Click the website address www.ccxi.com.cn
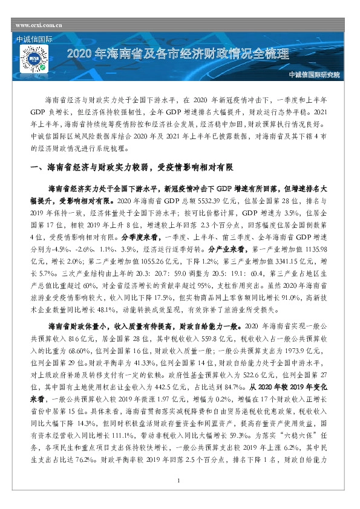(x=39, y=26)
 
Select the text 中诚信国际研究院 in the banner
(x=314, y=75)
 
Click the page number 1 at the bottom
(x=180, y=498)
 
